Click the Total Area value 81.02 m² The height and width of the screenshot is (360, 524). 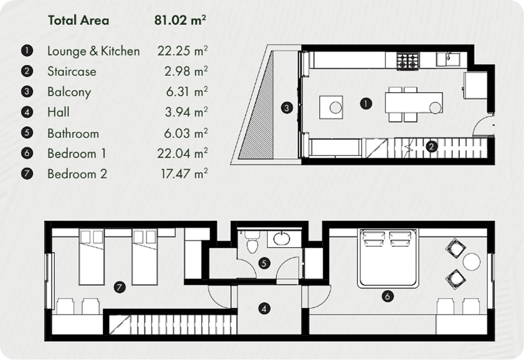click(x=180, y=21)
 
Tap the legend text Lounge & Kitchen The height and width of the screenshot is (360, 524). click(x=93, y=51)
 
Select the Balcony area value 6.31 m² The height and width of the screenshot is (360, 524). click(x=186, y=92)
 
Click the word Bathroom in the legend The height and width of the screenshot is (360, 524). click(x=73, y=134)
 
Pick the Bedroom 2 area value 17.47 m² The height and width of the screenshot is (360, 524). click(x=184, y=174)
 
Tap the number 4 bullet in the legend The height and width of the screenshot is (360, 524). click(x=27, y=112)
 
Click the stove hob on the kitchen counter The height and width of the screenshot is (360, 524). click(x=408, y=61)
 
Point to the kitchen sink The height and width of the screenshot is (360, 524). click(x=448, y=59)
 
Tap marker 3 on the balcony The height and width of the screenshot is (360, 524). click(x=287, y=108)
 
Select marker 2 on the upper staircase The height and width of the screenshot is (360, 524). click(x=431, y=147)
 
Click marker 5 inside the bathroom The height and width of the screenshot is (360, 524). click(x=264, y=263)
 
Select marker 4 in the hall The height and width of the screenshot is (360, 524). click(x=264, y=308)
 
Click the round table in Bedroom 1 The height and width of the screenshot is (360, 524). click(x=472, y=262)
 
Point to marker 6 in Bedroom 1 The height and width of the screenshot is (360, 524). click(x=387, y=297)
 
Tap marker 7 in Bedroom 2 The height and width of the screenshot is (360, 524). click(x=120, y=288)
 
